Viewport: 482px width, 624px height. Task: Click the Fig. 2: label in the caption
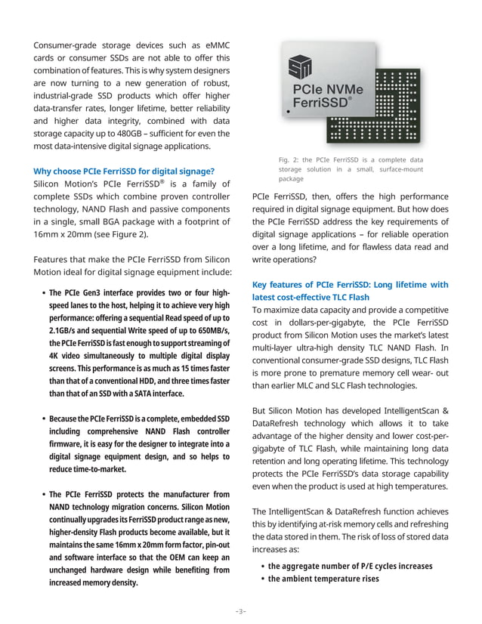(x=290, y=159)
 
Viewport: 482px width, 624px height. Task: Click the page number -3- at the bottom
(x=240, y=610)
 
